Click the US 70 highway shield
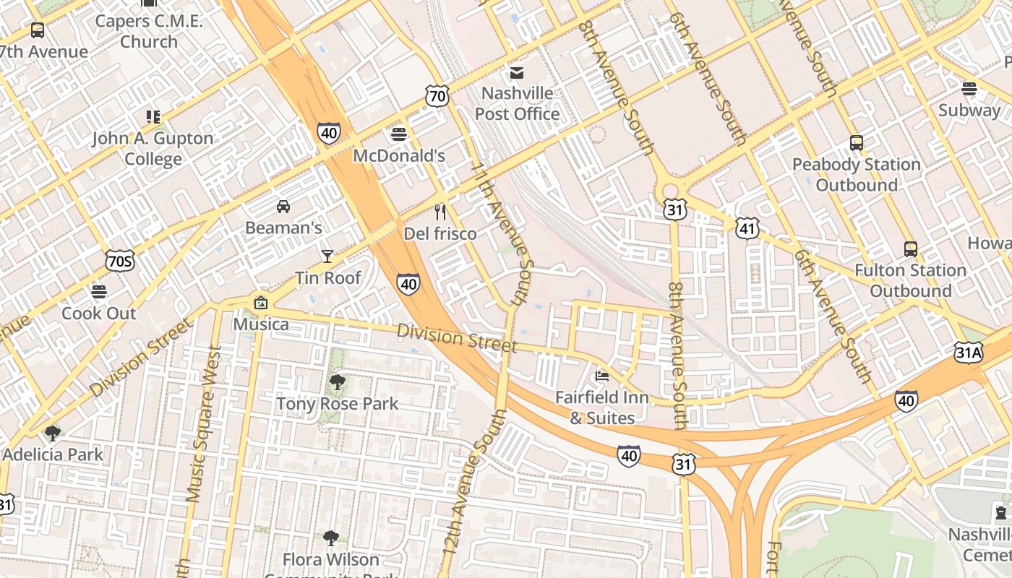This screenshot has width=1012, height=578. (437, 95)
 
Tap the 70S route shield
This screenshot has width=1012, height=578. (119, 261)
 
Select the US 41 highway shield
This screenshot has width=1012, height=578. (747, 228)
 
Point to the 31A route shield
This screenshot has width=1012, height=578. (968, 352)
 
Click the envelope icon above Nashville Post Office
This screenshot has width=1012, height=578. (517, 72)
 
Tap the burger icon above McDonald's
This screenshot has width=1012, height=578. (398, 134)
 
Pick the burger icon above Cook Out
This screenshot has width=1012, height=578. (99, 291)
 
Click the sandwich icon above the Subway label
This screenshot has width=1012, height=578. (969, 88)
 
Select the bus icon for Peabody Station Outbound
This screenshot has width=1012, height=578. (857, 142)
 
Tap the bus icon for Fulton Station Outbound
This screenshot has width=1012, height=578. (911, 249)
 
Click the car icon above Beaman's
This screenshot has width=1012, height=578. (283, 206)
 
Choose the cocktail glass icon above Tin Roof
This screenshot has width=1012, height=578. (327, 256)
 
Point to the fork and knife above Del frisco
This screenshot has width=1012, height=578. (440, 212)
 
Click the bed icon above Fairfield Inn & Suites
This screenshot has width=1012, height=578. (601, 375)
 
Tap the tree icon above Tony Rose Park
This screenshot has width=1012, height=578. (337, 381)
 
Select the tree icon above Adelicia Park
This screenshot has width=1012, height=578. (52, 433)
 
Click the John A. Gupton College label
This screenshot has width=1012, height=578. (153, 148)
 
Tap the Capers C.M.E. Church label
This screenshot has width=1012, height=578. (149, 31)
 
